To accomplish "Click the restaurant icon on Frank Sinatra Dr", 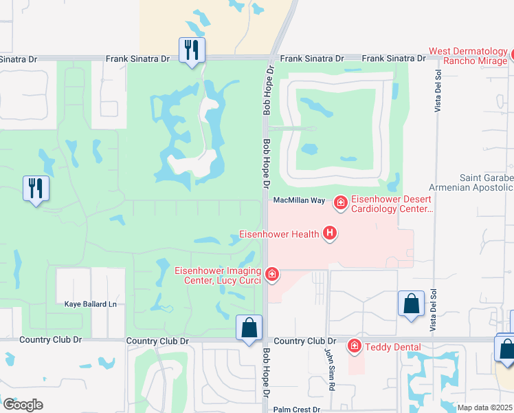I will pos(192,50).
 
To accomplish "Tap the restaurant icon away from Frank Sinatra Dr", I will pos(36,189).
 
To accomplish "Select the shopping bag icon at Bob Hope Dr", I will pos(249,328).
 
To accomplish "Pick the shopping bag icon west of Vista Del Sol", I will pos(411,304).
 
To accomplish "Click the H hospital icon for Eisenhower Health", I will pos(330,234).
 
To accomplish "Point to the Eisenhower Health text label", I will pos(278,235).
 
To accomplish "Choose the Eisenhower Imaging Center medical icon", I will pos(272,275).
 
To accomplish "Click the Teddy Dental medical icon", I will pos(355,346).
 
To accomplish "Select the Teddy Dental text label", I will pos(392,347).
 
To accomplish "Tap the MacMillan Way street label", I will pos(299,200).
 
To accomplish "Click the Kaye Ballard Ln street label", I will pos(91,304).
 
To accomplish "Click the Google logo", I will pos(23,405).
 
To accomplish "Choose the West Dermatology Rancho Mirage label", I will pos(469,56).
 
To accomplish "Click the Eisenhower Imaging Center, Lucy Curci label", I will pos(221,275).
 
